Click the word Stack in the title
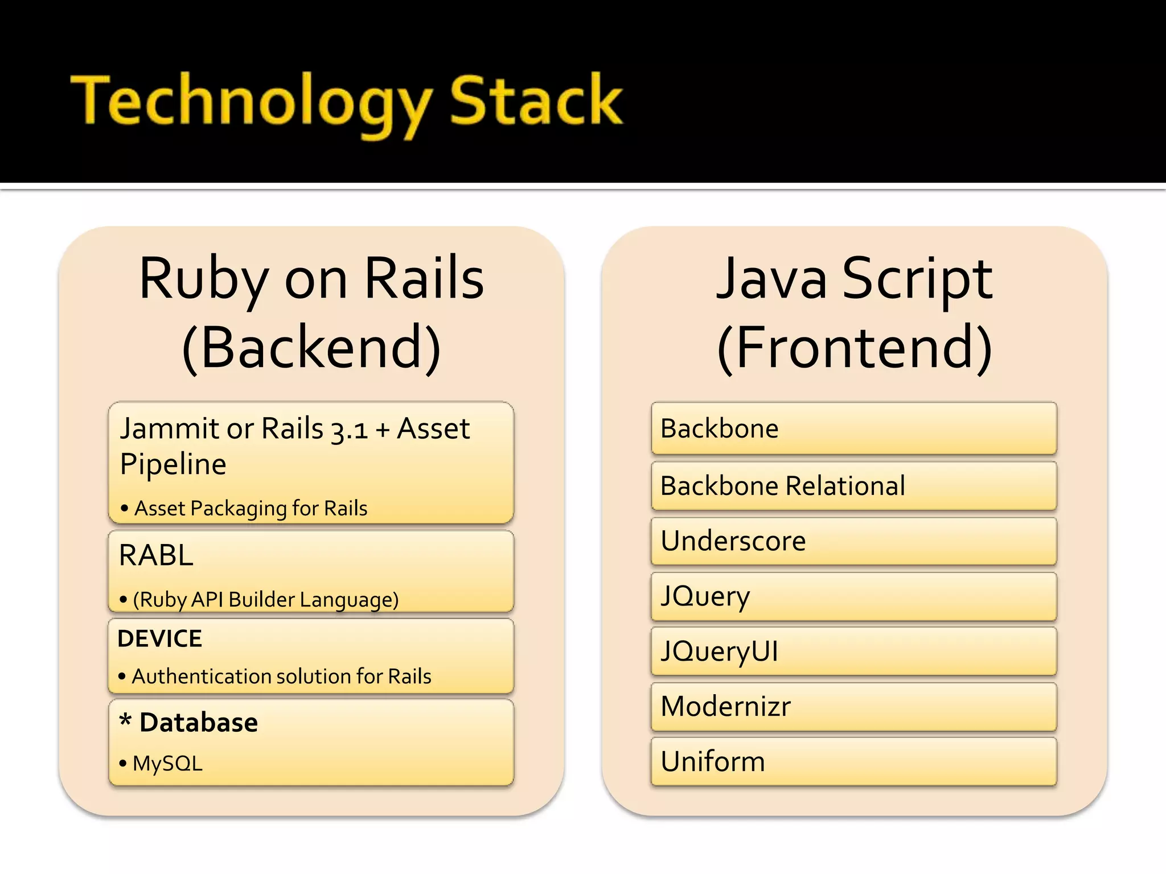click(536, 101)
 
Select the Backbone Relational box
click(853, 486)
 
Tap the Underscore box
click(853, 541)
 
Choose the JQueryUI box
click(853, 651)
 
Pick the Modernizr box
click(853, 706)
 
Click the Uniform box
click(853, 761)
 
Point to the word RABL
click(156, 555)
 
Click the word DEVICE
click(159, 638)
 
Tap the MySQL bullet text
click(167, 764)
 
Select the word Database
click(198, 723)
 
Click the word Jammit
click(169, 428)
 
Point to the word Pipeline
click(173, 464)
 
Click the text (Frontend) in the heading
click(854, 348)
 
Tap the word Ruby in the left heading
click(204, 279)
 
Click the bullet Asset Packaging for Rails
click(251, 508)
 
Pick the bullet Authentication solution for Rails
click(281, 677)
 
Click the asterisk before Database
click(125, 720)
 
